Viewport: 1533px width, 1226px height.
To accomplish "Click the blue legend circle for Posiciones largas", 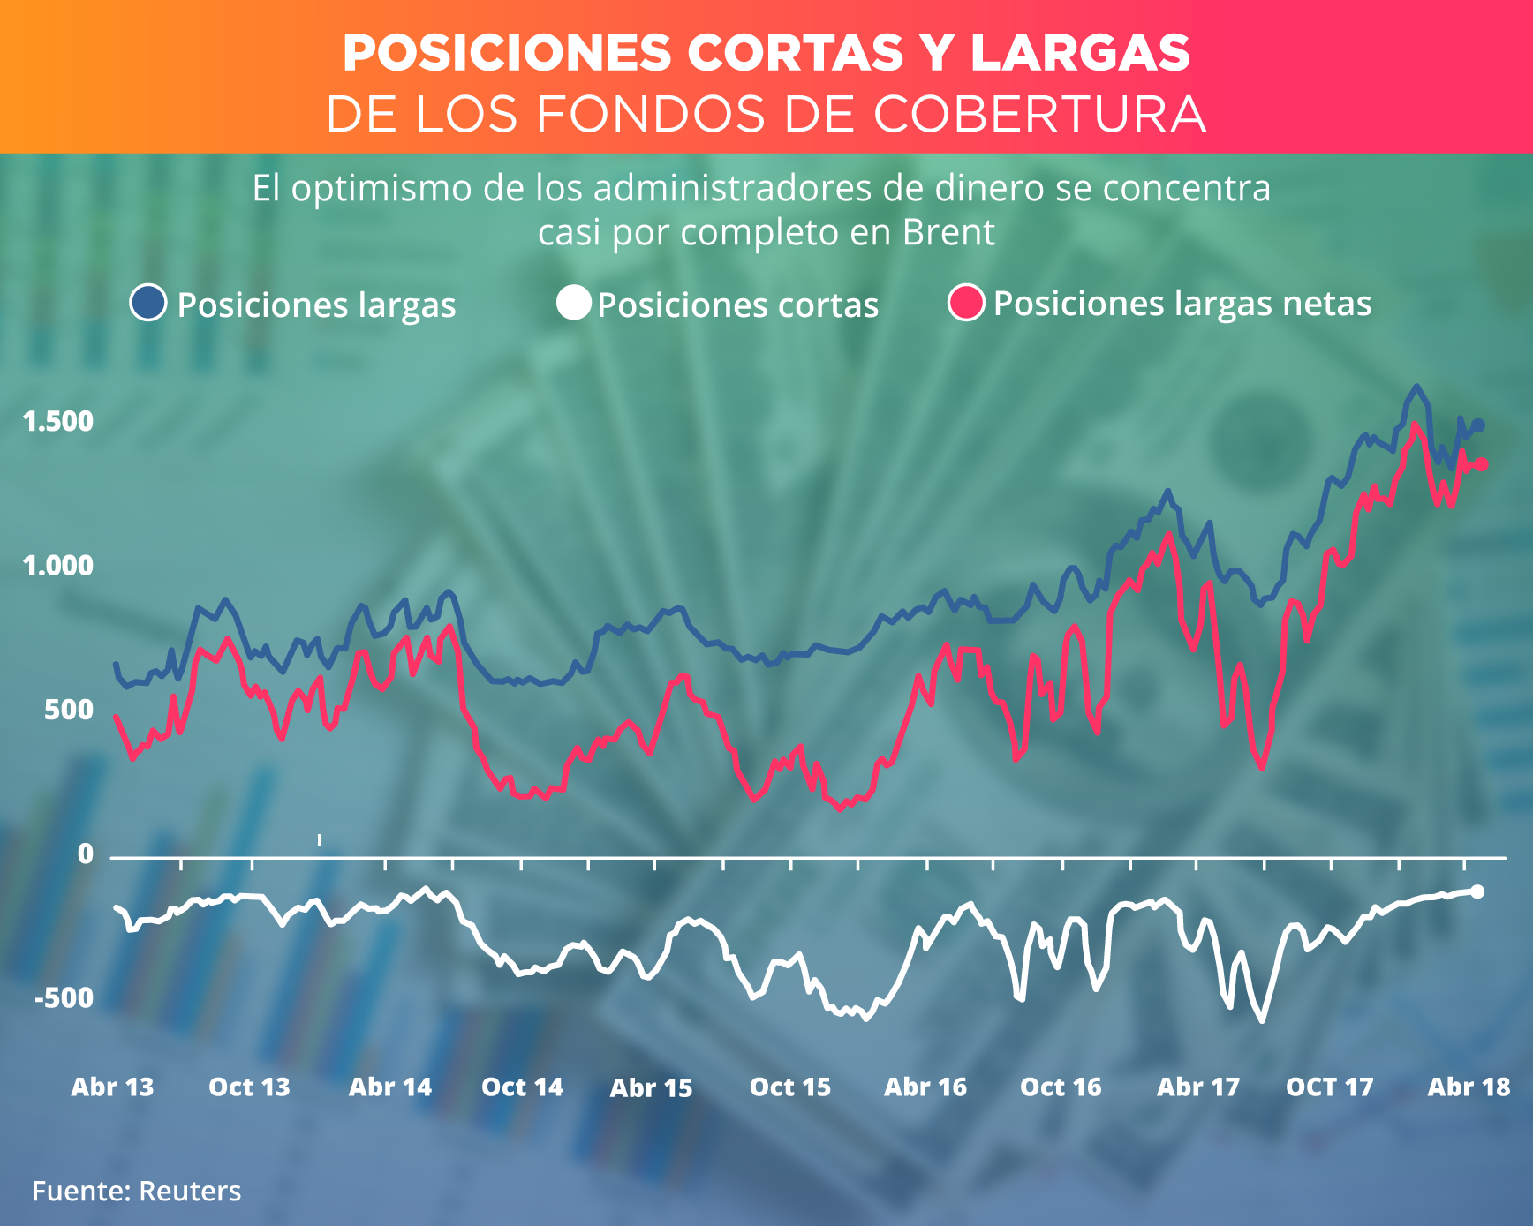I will point(148,303).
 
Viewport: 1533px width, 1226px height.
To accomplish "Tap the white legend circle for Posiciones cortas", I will point(574,303).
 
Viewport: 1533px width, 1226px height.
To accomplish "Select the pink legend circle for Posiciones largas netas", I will point(966,303).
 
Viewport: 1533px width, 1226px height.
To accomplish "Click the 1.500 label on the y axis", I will point(58,422).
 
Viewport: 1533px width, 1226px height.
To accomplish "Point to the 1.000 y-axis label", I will point(58,566).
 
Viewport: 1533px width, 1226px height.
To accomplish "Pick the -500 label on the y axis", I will point(64,998).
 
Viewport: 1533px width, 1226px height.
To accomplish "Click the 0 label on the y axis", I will point(85,854).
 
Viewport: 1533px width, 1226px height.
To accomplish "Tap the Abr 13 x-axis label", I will point(112,1087).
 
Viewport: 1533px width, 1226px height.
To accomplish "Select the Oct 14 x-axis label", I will point(522,1087).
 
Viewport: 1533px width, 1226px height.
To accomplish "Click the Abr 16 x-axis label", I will point(925,1087).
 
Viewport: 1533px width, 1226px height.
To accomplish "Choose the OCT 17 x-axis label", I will point(1330,1087).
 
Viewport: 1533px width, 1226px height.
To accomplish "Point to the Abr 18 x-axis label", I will point(1469,1087).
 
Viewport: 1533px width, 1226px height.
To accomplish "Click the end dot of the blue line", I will point(1479,425).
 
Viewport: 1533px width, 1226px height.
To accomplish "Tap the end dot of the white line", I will point(1478,891).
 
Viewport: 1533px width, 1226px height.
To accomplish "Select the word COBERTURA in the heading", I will point(1040,115).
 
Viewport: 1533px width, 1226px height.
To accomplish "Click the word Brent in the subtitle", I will point(948,233).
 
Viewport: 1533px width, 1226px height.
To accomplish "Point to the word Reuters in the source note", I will point(190,1192).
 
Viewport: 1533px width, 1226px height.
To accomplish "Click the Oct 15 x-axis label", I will point(790,1087).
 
